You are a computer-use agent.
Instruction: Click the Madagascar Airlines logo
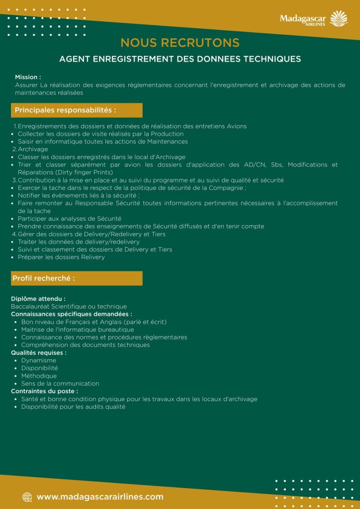tap(313, 20)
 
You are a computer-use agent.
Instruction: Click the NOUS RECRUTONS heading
tap(180, 43)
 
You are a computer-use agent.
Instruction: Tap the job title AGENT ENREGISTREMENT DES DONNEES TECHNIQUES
tap(180, 59)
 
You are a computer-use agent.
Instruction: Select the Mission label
tap(28, 77)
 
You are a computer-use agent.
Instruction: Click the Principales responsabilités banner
tap(77, 110)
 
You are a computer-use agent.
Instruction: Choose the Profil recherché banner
tap(77, 278)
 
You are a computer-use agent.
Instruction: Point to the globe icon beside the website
tap(27, 497)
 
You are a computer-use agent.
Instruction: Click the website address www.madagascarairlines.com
tap(100, 497)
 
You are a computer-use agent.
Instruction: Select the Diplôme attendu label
tap(38, 299)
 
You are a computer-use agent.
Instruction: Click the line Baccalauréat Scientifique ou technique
tap(69, 307)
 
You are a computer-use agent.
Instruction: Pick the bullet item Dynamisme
tap(39, 360)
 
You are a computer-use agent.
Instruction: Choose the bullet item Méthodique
tap(39, 376)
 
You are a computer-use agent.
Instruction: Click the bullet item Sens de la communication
tap(60, 384)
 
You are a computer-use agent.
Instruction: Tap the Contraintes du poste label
tap(44, 391)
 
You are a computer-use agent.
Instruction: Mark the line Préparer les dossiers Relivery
tap(61, 257)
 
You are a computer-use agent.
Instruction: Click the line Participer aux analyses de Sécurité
tap(70, 219)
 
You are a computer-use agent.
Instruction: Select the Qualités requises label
tap(39, 352)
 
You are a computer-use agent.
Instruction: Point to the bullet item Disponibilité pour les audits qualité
tap(73, 407)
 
